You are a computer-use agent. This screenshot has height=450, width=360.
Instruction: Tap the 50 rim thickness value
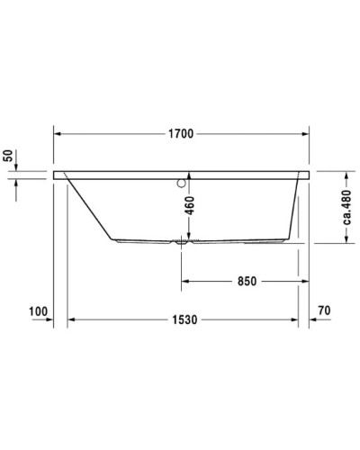click(x=10, y=157)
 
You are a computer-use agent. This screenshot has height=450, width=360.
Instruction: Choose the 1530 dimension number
click(x=185, y=320)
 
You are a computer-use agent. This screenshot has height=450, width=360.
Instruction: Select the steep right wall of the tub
click(x=296, y=211)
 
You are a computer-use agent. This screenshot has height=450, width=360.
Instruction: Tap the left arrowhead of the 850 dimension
click(x=187, y=281)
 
